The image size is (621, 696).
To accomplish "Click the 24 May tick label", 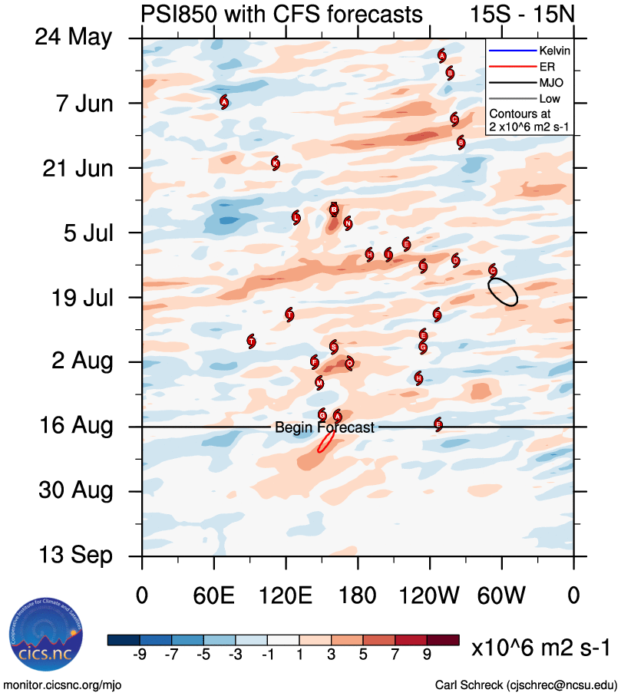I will pyautogui.click(x=73, y=38).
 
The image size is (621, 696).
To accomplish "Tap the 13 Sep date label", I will pyautogui.click(x=74, y=556).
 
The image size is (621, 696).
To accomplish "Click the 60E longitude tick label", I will pyautogui.click(x=214, y=595).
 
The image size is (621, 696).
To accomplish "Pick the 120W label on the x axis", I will pyautogui.click(x=430, y=595).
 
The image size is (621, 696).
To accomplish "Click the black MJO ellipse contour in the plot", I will pyautogui.click(x=503, y=292).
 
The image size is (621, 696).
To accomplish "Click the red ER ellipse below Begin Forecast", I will pyautogui.click(x=325, y=442).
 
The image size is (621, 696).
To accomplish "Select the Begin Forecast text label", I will pyautogui.click(x=325, y=427).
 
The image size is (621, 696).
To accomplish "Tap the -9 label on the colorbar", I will pyautogui.click(x=140, y=654).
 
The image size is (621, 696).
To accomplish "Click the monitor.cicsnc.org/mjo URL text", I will pyautogui.click(x=63, y=684).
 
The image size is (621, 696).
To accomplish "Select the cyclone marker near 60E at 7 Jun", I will pyautogui.click(x=224, y=101).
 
